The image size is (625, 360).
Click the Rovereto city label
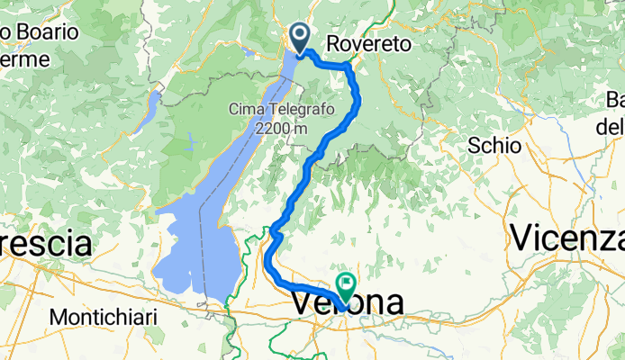(368, 43)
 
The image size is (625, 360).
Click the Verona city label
(348, 304)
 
